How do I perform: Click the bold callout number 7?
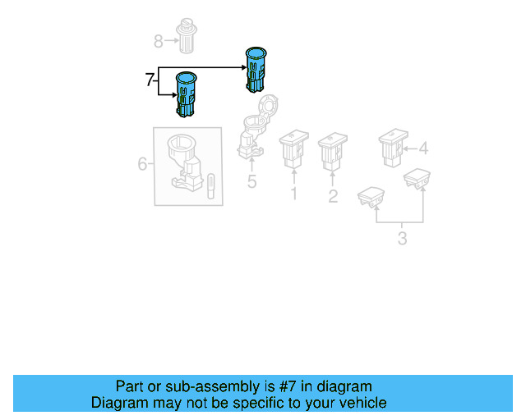150,80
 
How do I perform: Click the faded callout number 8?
159,42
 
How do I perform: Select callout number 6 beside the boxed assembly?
142,164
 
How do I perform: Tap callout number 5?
251,181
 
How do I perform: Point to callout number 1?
294,194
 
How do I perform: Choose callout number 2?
333,196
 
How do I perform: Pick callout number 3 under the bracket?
402,239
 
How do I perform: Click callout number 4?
424,148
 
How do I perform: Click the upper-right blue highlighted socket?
256,70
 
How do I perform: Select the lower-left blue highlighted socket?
187,94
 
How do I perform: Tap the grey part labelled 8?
187,36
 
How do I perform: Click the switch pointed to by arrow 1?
294,148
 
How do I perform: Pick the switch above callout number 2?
333,152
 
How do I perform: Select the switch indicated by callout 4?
393,148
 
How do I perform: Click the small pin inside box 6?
211,186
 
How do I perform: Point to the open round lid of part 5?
268,106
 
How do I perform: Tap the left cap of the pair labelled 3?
371,197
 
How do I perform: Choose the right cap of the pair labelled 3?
417,179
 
